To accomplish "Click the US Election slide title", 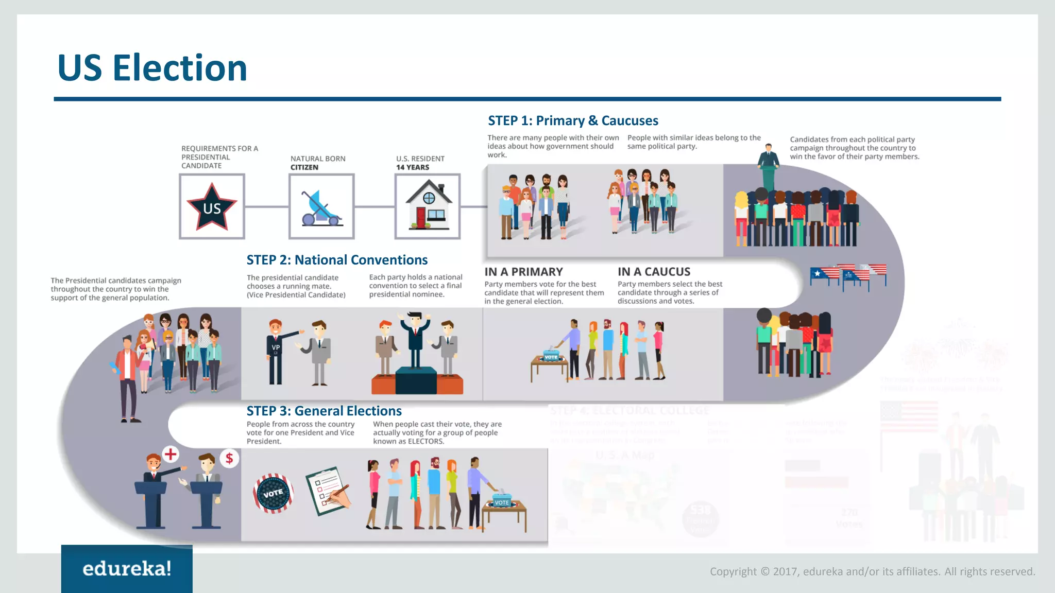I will [x=152, y=68].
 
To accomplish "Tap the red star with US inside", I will [x=212, y=207].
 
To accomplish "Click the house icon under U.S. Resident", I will [x=428, y=206].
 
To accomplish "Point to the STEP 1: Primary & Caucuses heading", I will [x=573, y=120].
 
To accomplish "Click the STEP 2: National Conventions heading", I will [x=337, y=260].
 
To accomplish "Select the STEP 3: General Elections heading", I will [x=324, y=411].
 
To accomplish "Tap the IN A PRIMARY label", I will [x=523, y=272].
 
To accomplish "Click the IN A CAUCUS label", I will [x=654, y=272].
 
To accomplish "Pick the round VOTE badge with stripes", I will [x=273, y=493].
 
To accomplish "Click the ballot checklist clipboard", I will [x=328, y=490].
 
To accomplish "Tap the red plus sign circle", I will [x=171, y=454].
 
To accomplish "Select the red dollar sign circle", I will [x=229, y=458].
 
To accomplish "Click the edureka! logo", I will [x=127, y=569].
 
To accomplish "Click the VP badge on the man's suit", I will [x=276, y=347].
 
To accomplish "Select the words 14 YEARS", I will [x=412, y=167].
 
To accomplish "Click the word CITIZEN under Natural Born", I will [x=304, y=167].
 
